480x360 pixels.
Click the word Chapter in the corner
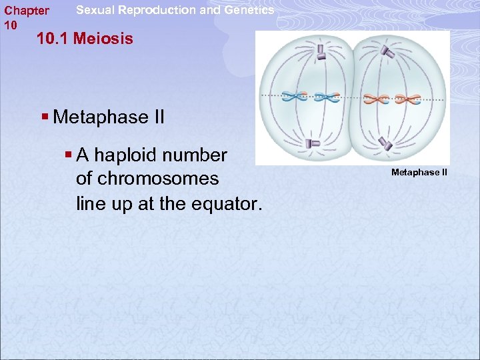tap(27, 11)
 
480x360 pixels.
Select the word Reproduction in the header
tap(165, 10)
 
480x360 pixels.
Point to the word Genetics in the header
tap(250, 10)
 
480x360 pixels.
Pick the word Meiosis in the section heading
tap(103, 39)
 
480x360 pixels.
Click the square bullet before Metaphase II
tap(45, 117)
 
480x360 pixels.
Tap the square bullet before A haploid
tap(68, 155)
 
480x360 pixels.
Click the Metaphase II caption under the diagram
tap(419, 173)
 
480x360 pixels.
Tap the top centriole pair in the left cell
tap(321, 51)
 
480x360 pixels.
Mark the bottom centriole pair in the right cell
tap(385, 143)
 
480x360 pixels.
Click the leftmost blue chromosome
tap(294, 97)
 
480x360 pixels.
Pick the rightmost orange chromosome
tap(409, 99)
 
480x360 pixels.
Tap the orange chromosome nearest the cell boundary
tap(377, 99)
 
